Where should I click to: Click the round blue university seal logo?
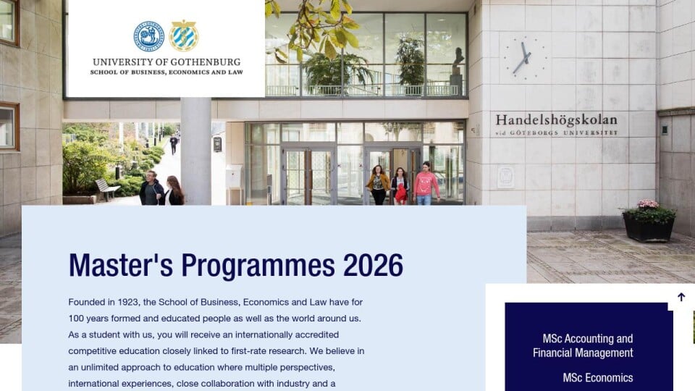tap(149, 36)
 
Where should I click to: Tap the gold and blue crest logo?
tap(184, 35)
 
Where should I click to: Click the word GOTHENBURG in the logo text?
tap(206, 62)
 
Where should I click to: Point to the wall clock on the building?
tap(526, 58)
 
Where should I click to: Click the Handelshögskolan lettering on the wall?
tap(556, 119)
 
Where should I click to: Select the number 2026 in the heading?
tap(374, 265)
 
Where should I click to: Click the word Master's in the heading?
tap(121, 265)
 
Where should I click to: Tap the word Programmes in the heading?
tap(258, 266)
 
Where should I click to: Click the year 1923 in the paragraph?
tap(128, 303)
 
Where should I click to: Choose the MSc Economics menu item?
tap(598, 378)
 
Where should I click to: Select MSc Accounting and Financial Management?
tap(583, 346)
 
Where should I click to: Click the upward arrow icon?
tap(681, 297)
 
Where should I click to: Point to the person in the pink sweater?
tap(426, 183)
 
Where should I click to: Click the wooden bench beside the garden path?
tap(106, 189)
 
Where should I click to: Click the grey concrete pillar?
tap(195, 151)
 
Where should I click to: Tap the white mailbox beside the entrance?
tap(234, 177)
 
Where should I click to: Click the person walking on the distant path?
tap(174, 145)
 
